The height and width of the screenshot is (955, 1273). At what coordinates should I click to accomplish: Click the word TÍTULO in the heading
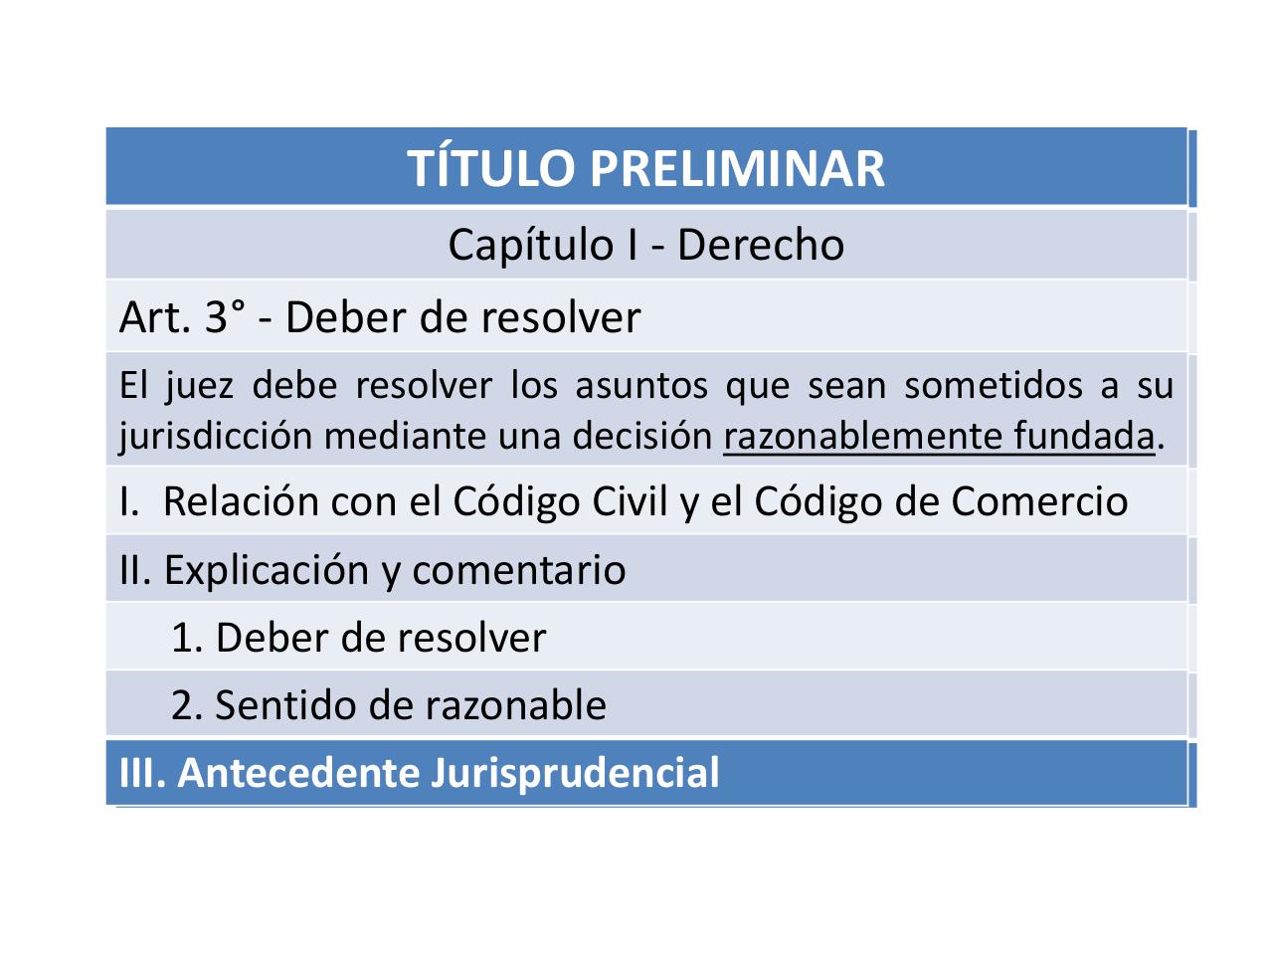[492, 168]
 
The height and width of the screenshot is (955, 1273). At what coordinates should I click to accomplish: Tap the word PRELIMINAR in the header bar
[737, 168]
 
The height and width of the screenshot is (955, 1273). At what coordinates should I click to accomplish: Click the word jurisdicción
[215, 436]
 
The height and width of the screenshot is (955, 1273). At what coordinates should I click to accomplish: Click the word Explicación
[268, 570]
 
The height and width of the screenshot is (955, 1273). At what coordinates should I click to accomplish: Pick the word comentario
[518, 570]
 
